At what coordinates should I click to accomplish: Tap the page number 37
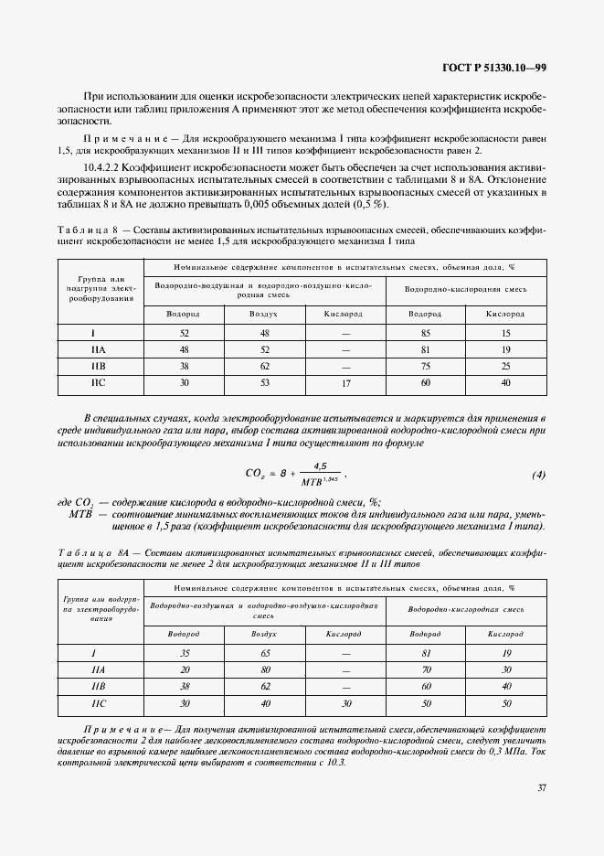pos(541,787)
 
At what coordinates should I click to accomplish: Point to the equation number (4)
pos(538,476)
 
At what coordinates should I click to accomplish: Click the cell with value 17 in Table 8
pos(344,383)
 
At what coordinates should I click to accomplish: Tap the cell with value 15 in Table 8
pos(505,333)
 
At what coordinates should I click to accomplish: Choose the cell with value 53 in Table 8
pos(263,383)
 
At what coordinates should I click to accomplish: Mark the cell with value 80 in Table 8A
pos(263,669)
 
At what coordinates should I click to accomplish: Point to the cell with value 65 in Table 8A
pos(263,653)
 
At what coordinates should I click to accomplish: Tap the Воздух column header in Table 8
pos(263,314)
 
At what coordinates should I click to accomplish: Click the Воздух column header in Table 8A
pos(263,634)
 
